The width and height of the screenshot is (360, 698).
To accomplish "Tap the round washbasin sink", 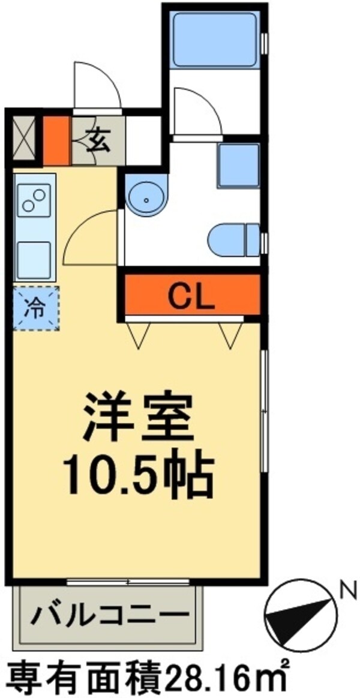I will coord(148,195).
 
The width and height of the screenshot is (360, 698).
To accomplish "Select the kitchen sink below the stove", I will coord(34,259).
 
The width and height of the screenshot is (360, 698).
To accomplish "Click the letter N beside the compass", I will coord(346,591).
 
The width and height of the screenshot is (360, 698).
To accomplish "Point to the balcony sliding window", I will coord(128,581).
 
